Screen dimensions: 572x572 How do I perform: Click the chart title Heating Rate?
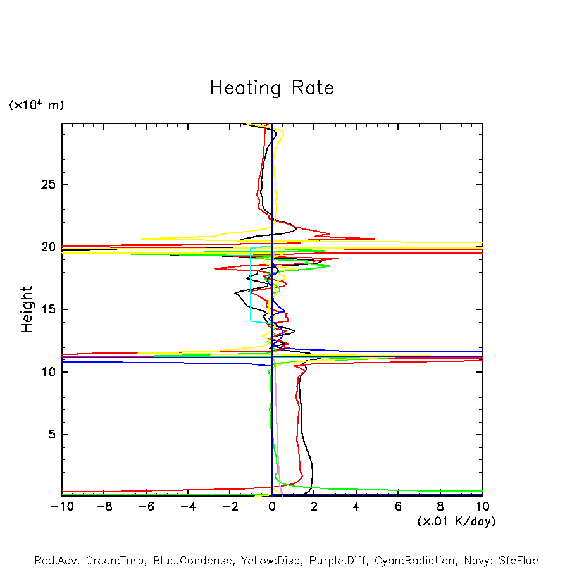271,88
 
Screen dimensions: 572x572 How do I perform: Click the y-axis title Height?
27,309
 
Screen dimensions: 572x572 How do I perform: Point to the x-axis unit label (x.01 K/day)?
456,521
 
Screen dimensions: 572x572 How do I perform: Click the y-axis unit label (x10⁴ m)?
36,105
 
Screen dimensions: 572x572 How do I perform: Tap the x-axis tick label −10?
61,506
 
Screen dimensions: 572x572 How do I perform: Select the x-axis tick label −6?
146,506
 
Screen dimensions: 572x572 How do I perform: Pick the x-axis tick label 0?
272,506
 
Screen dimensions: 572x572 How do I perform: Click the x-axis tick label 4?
356,506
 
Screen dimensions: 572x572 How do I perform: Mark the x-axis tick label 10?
482,506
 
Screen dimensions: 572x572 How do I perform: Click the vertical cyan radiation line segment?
251,285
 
